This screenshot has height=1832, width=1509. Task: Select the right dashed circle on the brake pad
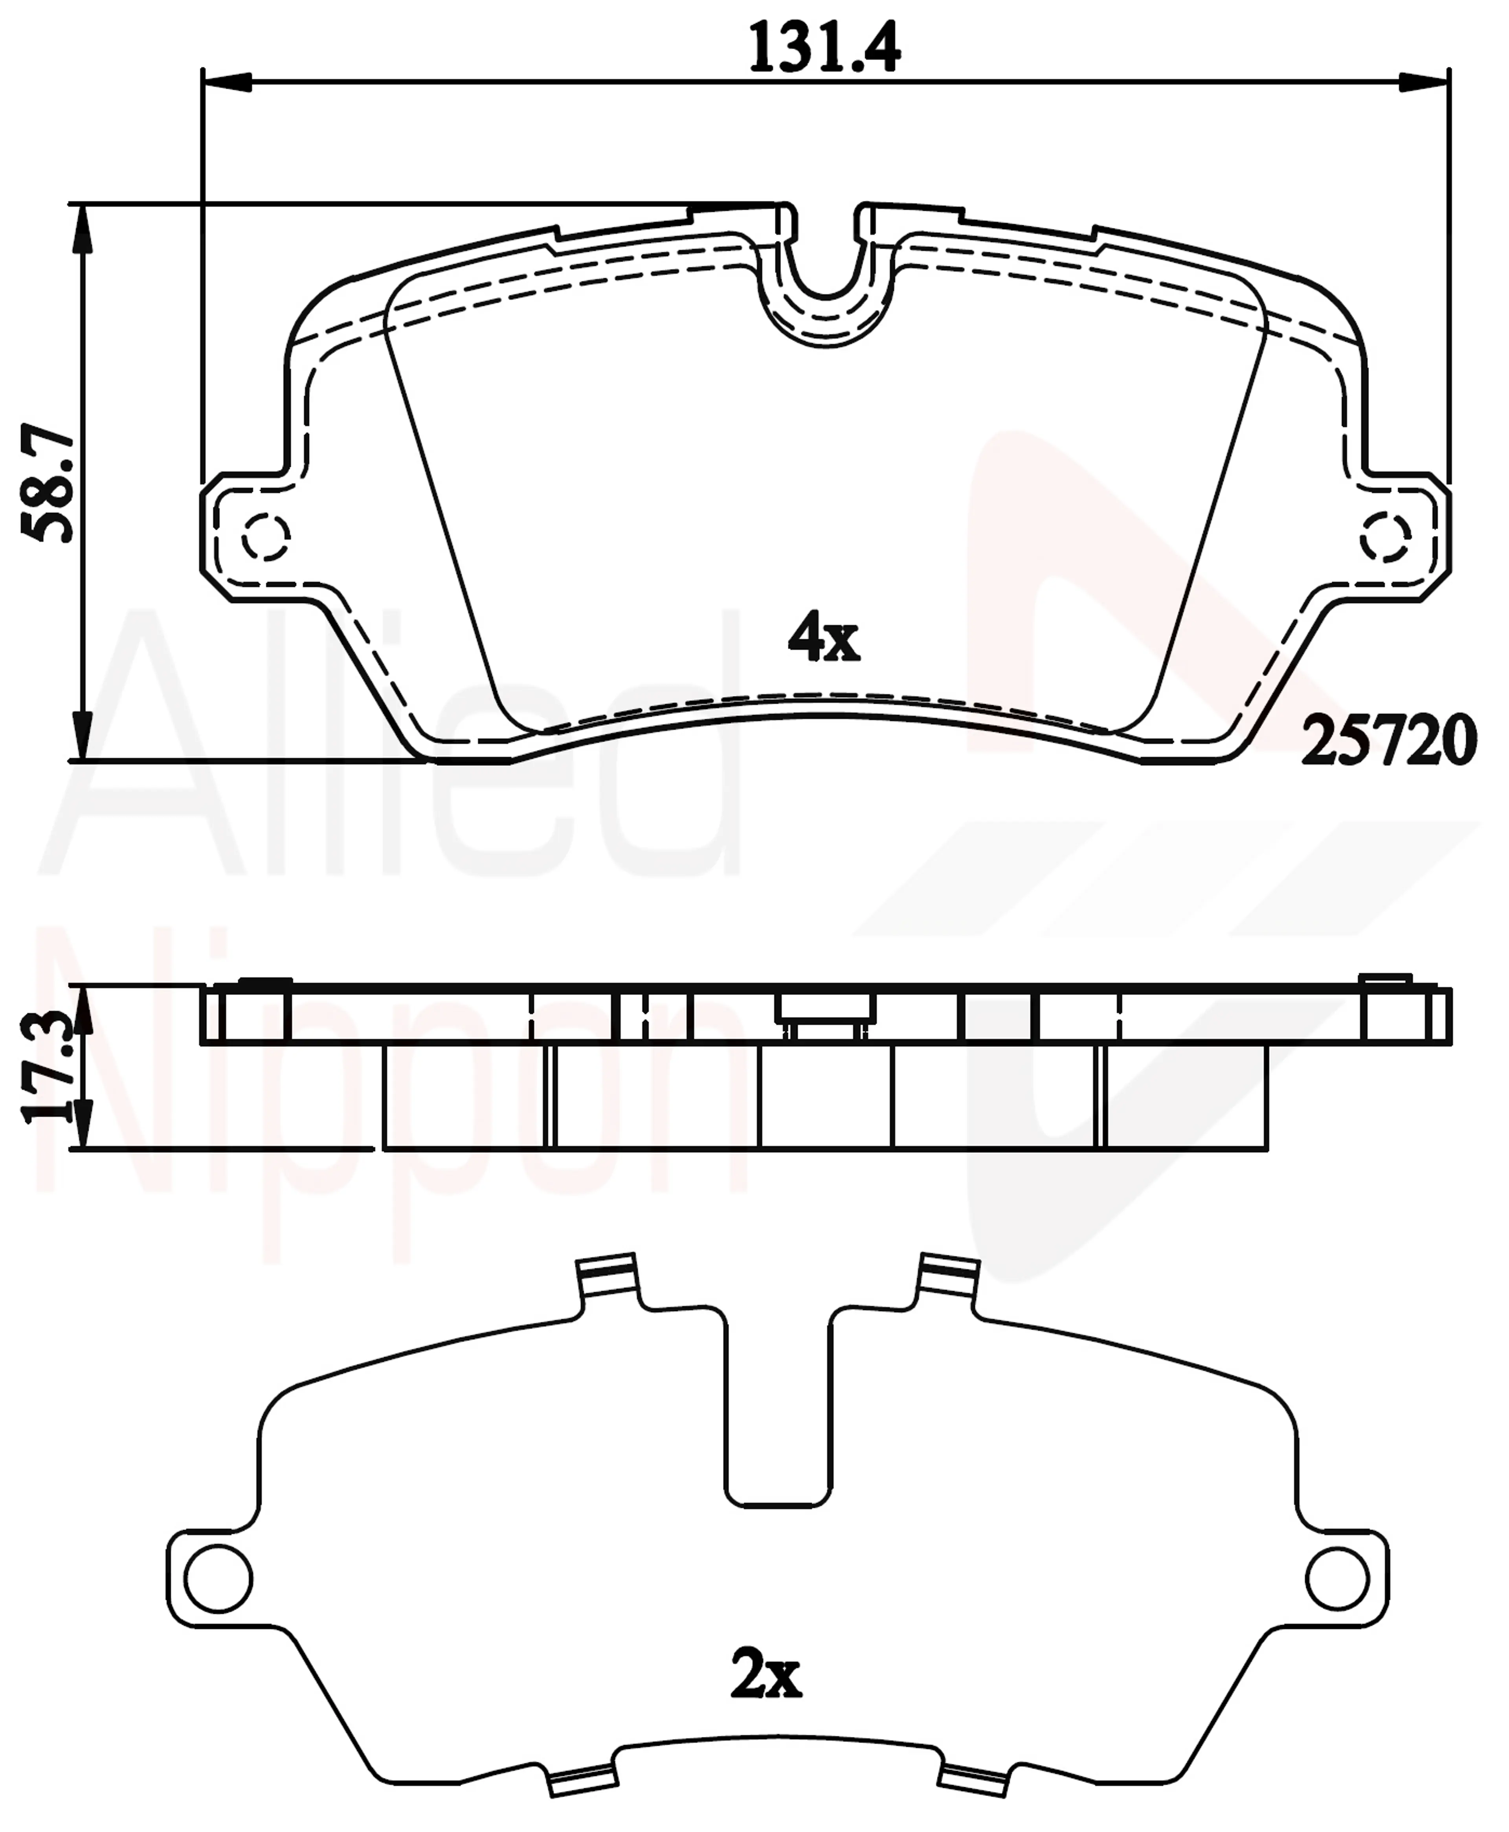pyautogui.click(x=1385, y=537)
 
